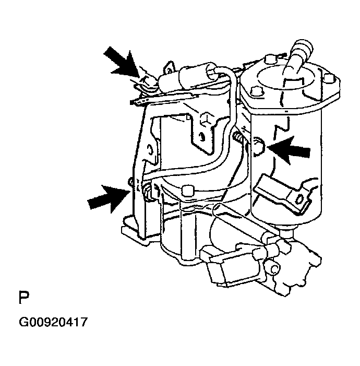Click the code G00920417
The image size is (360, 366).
(x=53, y=322)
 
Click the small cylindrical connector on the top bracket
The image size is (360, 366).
(x=188, y=78)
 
